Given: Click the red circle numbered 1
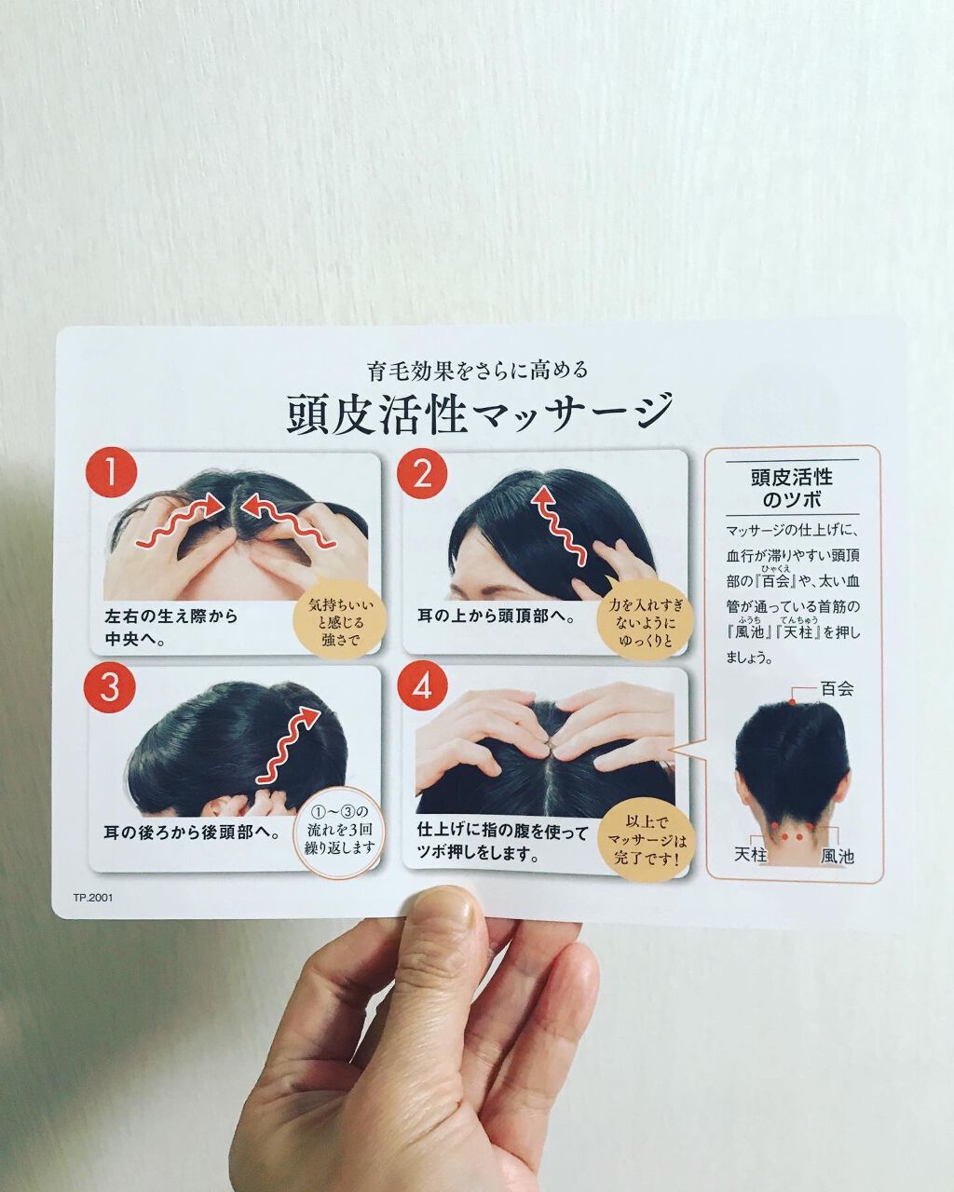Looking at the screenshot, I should click(111, 475).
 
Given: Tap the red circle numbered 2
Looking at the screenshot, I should click(422, 475).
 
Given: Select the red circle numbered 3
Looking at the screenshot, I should click(111, 688).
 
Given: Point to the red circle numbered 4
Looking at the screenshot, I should click(422, 689).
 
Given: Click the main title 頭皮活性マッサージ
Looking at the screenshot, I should click(479, 412).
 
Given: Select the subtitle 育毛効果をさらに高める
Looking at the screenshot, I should click(478, 370).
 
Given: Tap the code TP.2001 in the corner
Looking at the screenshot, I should click(93, 899).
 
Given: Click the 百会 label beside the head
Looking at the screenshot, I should click(836, 690).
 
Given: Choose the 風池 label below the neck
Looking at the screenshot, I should click(837, 855).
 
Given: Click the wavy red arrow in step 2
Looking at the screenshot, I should click(557, 527).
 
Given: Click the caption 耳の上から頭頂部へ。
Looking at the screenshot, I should click(494, 616).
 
